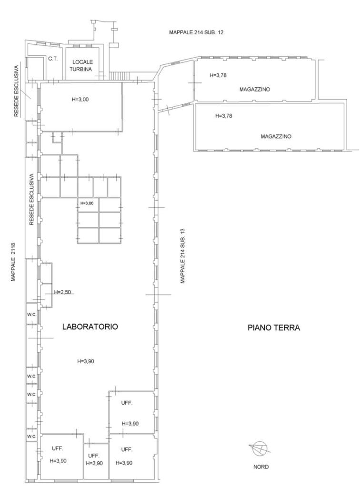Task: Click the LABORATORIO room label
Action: click(x=90, y=327)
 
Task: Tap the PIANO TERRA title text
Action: click(x=274, y=328)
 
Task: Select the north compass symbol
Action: click(x=260, y=448)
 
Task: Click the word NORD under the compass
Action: click(x=261, y=467)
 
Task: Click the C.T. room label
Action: click(x=53, y=59)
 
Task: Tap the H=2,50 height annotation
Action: click(x=62, y=292)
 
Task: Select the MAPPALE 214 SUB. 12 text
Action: click(x=196, y=32)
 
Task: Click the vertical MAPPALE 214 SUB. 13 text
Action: click(x=183, y=256)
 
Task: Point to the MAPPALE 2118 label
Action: click(x=13, y=262)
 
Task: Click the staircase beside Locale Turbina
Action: click(x=119, y=76)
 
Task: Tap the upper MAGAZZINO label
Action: click(x=255, y=90)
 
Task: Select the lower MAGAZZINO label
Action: click(x=276, y=137)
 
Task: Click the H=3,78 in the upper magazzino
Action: click(x=218, y=75)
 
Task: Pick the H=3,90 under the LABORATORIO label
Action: click(x=86, y=361)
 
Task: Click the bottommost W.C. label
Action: click(x=32, y=437)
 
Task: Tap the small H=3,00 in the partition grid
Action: click(x=87, y=203)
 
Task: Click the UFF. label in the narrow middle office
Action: click(x=94, y=456)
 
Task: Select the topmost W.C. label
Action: click(x=32, y=315)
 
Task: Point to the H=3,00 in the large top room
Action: click(x=80, y=100)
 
